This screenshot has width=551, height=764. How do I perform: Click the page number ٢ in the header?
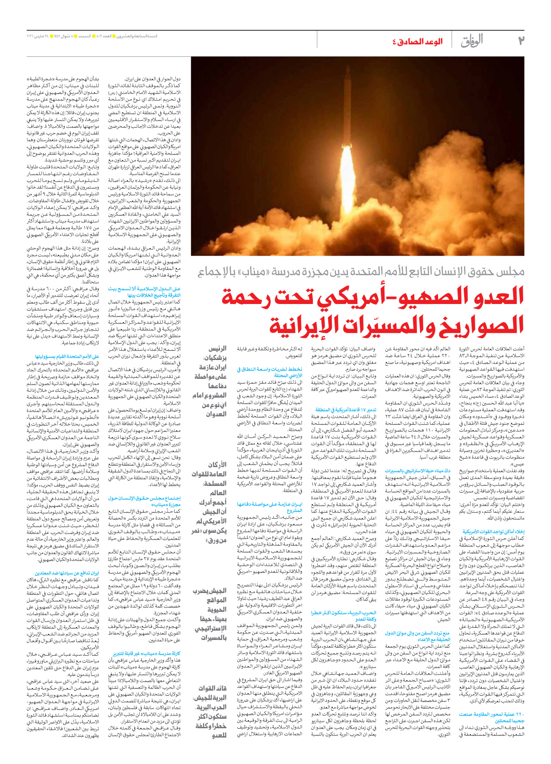click(521, 41)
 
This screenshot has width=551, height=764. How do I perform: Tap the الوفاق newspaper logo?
click(472, 41)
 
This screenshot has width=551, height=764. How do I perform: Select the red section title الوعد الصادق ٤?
click(417, 41)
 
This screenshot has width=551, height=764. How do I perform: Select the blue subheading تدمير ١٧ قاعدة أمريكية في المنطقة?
click(346, 410)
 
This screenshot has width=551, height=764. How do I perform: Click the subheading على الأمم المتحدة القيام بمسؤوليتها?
click(67, 356)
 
